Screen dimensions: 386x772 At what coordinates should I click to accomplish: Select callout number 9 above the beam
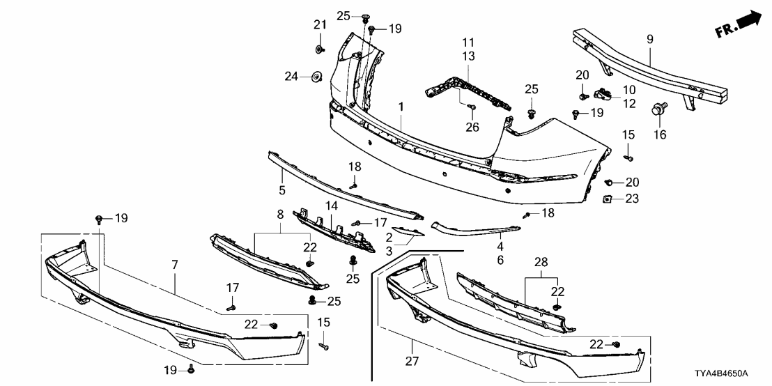click(649, 40)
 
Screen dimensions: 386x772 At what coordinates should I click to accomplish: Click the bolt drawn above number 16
click(658, 109)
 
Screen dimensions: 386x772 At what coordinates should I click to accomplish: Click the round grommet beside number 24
click(315, 75)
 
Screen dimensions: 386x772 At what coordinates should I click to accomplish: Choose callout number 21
click(320, 25)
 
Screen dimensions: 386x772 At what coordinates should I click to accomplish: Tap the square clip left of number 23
click(606, 199)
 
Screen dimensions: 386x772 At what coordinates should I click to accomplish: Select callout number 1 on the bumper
click(401, 107)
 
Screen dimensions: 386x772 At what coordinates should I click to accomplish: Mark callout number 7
click(174, 265)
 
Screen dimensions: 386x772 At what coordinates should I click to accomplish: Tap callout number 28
click(541, 262)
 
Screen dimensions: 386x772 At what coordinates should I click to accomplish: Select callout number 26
click(473, 127)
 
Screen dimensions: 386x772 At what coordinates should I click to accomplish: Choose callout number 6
click(500, 259)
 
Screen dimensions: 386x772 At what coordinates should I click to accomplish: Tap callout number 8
click(281, 215)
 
